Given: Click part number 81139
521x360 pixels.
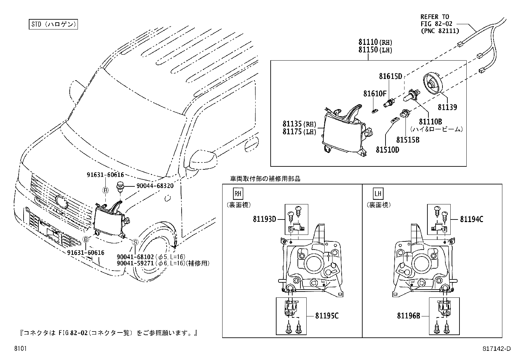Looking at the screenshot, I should (x=448, y=107).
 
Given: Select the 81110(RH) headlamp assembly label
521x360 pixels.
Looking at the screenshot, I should (x=375, y=42).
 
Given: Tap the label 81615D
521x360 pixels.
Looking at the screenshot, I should (x=390, y=76).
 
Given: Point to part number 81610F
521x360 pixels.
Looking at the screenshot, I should (x=375, y=94).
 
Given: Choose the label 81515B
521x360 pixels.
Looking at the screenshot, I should (x=407, y=140).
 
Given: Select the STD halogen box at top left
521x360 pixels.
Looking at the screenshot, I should (x=52, y=25).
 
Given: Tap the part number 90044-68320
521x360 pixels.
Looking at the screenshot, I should (x=154, y=186).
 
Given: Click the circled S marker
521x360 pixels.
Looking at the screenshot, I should (x=135, y=242).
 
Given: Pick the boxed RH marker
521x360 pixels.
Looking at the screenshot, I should (x=238, y=194).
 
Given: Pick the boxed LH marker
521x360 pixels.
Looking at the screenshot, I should (x=378, y=194).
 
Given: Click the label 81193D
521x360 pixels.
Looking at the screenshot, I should (x=264, y=219).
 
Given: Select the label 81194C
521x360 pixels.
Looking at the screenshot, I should (x=471, y=219).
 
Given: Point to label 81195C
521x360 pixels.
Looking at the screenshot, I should (x=327, y=316).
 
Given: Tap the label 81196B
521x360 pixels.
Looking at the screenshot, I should (x=408, y=316).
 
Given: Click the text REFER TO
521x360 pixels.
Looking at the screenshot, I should (x=435, y=17).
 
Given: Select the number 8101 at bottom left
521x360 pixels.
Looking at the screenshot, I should (x=20, y=349).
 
